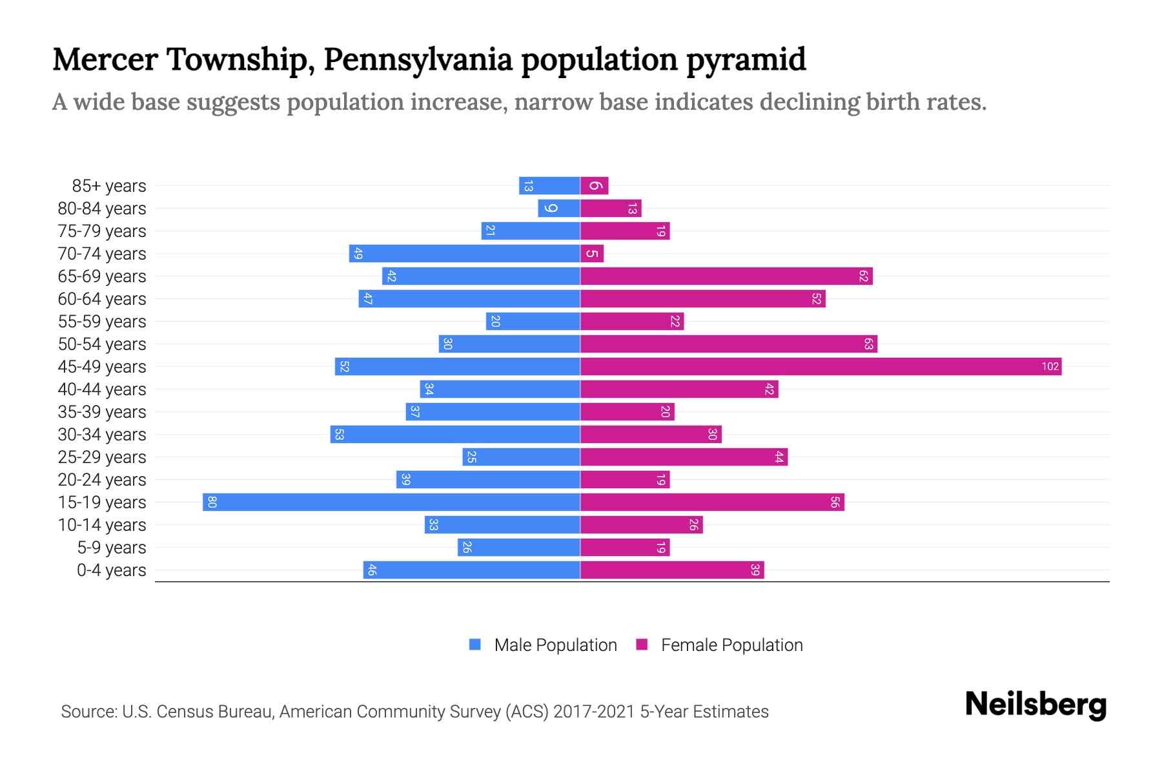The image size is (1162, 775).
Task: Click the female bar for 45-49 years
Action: [x=820, y=367]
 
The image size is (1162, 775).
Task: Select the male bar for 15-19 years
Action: [x=391, y=502]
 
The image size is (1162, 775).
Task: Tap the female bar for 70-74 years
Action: [x=592, y=254]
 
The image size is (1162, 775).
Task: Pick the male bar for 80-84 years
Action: [x=559, y=209]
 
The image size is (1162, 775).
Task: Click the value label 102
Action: [x=1050, y=367]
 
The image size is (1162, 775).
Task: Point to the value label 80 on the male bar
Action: [x=212, y=502]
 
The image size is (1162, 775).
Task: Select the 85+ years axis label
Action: [x=109, y=186]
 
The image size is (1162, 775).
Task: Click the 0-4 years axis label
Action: [x=112, y=570]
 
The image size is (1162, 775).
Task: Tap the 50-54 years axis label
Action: [x=102, y=344]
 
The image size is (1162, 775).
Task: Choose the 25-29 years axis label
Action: [x=102, y=457]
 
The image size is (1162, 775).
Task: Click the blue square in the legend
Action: [x=475, y=645]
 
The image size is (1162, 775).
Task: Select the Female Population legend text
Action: [x=731, y=645]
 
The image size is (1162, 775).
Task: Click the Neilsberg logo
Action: [x=1035, y=705]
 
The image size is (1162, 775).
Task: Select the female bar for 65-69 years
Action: [x=726, y=276]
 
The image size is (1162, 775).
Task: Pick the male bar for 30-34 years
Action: [x=455, y=435]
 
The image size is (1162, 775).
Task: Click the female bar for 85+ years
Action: [x=595, y=186]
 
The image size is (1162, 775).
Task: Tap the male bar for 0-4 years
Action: [x=471, y=570]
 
